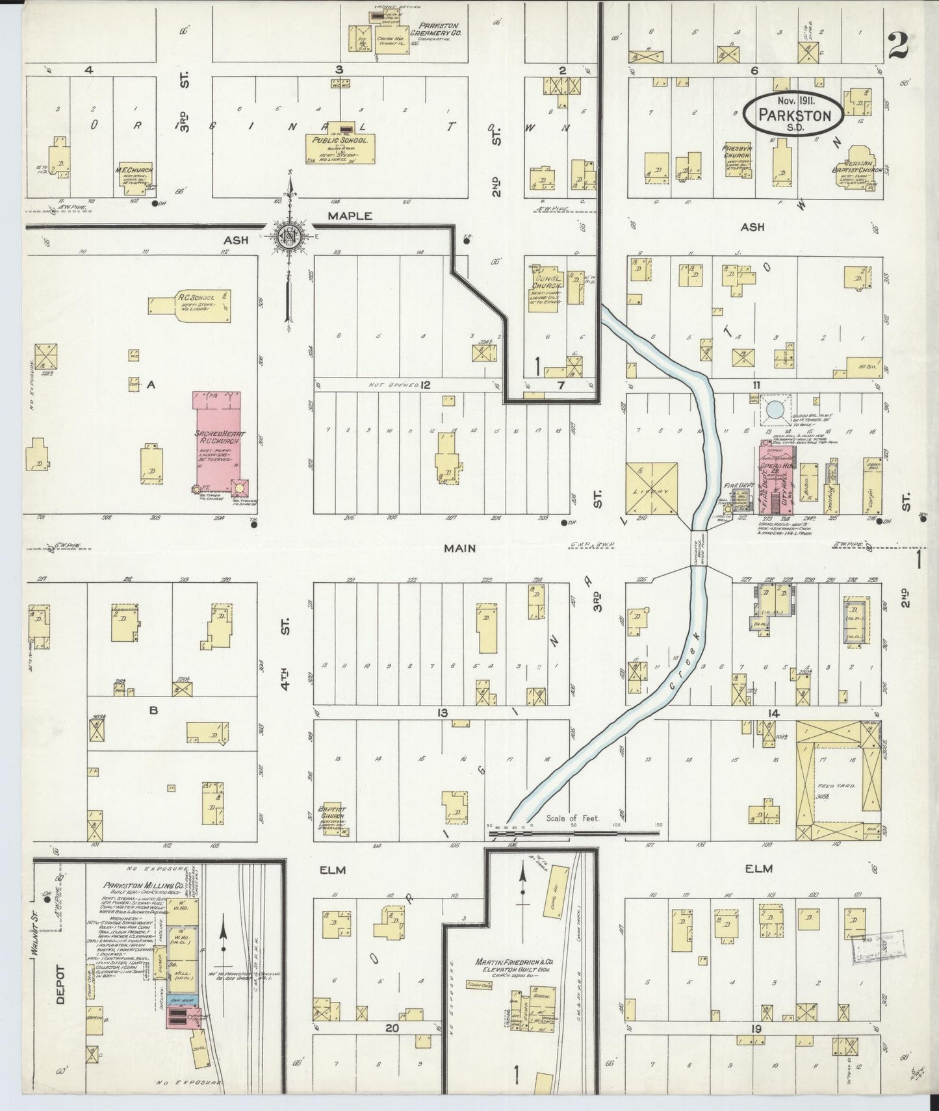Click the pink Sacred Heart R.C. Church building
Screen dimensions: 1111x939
[218, 442]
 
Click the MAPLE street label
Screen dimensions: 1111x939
[350, 216]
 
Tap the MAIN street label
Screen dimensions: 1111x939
[459, 548]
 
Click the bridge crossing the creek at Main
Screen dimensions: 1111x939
[699, 547]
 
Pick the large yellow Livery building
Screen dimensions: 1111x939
[651, 491]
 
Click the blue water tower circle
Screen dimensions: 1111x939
[775, 410]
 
